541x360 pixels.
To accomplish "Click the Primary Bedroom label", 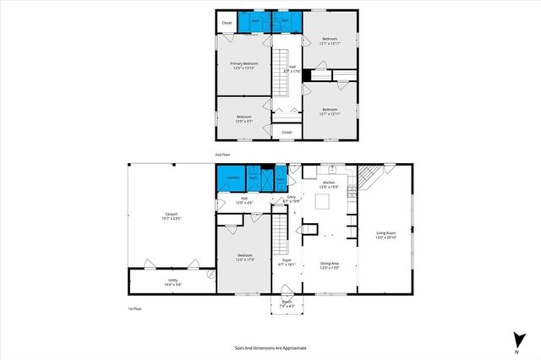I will pos(244,66).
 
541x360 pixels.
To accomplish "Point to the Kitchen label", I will pos(329,184).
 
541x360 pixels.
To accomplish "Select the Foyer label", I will pos(286,262).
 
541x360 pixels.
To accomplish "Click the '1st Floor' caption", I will pos(124,309).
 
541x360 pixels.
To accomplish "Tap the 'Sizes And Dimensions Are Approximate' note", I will pos(270,347).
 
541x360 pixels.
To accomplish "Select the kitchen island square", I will pos(322,201).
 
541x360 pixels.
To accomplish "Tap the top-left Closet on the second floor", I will pos(227,23).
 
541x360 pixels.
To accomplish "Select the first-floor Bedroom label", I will pos(244,257).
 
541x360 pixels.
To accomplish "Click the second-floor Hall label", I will pos(292,69).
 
